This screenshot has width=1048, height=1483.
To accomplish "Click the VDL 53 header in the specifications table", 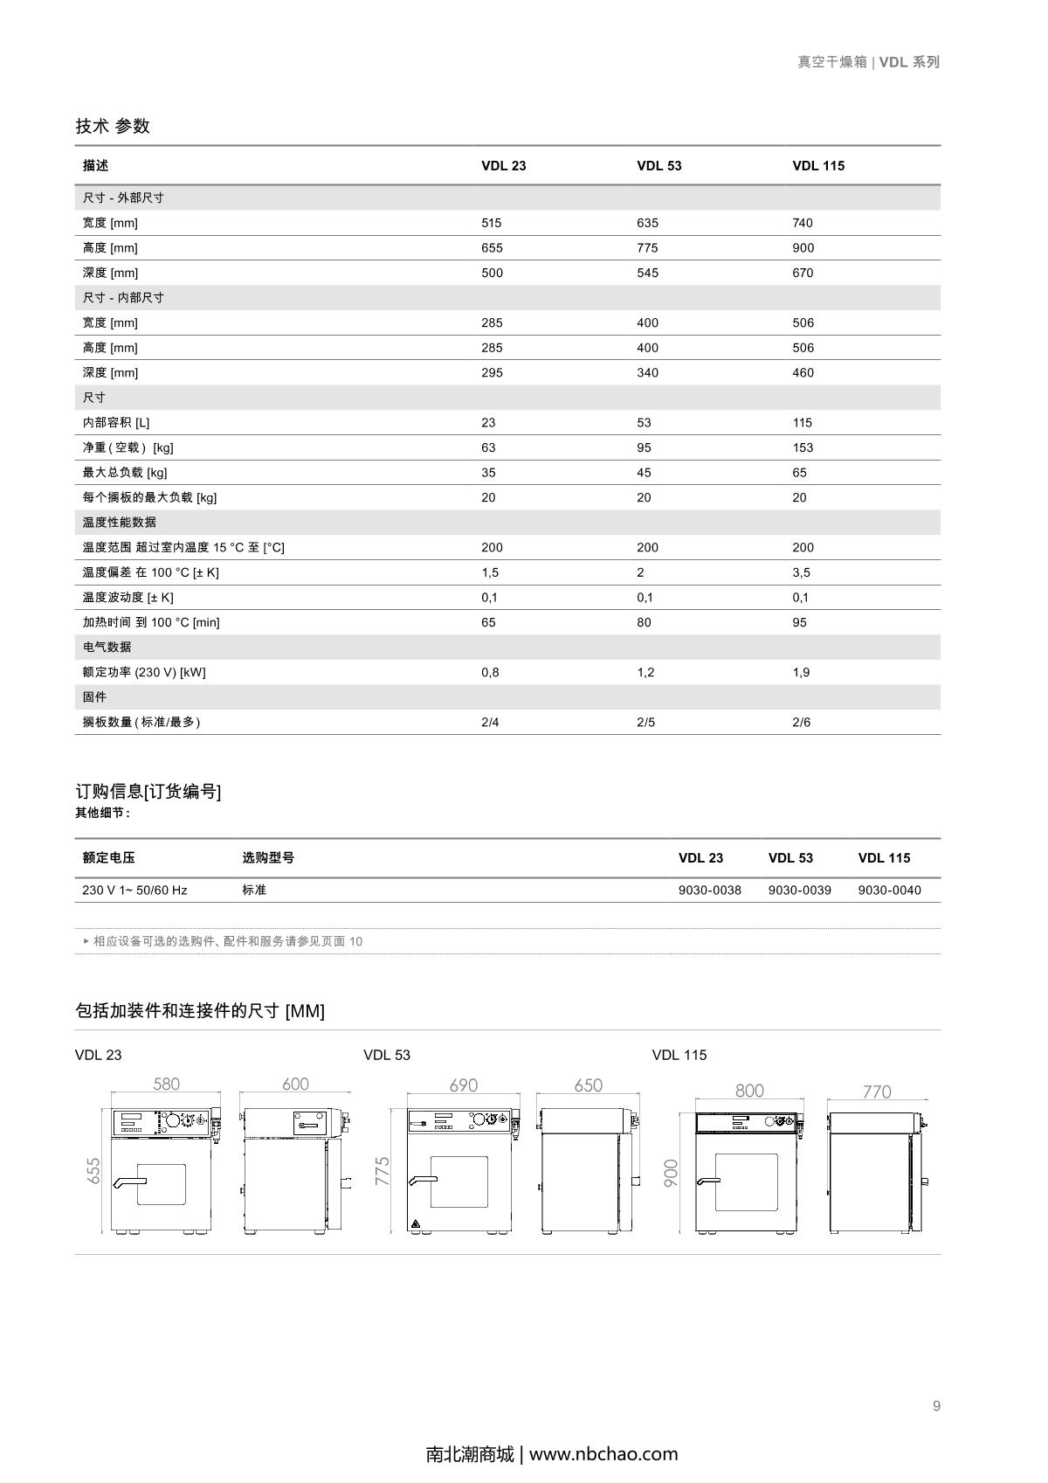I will [x=658, y=166].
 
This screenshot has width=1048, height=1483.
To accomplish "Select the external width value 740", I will [x=802, y=223].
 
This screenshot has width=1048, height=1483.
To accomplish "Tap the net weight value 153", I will [x=802, y=447].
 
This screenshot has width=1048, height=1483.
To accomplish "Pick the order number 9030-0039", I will [x=799, y=890].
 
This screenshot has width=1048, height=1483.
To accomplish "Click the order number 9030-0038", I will [x=709, y=890].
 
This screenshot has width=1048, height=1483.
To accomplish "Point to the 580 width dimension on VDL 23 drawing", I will [x=166, y=1085].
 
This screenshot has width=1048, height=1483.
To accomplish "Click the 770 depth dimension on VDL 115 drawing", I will [x=877, y=1091].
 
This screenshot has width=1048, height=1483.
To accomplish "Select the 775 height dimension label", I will [x=383, y=1171].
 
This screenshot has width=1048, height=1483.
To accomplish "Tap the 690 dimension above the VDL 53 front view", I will [x=463, y=1085].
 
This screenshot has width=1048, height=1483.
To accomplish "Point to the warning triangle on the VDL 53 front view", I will [x=415, y=1223].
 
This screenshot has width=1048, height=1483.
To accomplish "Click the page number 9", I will [x=936, y=1406].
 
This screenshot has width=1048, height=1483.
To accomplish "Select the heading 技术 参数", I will [x=113, y=126].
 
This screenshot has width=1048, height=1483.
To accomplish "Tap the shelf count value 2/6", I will [x=801, y=722].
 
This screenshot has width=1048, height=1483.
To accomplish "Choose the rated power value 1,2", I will [x=645, y=672].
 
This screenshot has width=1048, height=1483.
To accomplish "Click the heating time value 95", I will [x=799, y=622].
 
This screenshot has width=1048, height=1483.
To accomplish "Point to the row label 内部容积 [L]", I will [x=116, y=423].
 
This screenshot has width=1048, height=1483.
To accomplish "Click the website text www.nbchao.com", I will [x=603, y=1454].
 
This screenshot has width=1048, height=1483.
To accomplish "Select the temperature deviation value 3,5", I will [x=801, y=572].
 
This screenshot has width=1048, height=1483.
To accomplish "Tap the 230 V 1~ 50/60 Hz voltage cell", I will [x=134, y=890].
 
